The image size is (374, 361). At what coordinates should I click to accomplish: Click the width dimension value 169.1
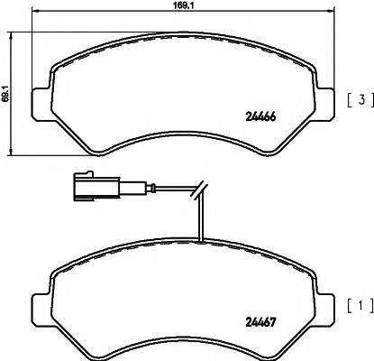(185, 13)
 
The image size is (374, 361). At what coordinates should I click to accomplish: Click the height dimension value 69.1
(7, 92)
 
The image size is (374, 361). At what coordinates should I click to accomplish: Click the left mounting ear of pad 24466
(40, 101)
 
